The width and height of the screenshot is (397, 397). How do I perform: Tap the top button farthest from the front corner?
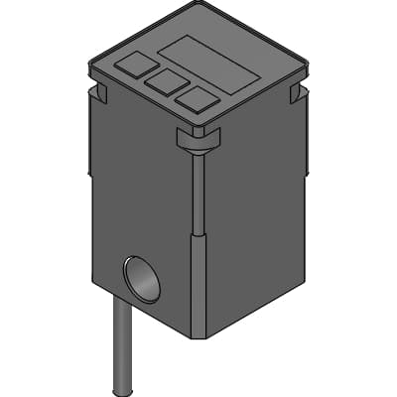click(130, 66)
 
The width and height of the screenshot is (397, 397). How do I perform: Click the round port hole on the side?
click(141, 279)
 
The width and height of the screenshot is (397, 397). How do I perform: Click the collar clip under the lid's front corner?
click(198, 140)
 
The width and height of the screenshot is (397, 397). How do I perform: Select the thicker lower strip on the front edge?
click(198, 288)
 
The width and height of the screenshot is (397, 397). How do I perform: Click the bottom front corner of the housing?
click(198, 338)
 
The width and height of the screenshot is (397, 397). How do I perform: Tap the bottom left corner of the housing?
click(93, 282)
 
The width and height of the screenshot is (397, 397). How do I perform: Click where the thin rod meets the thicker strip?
click(198, 237)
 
